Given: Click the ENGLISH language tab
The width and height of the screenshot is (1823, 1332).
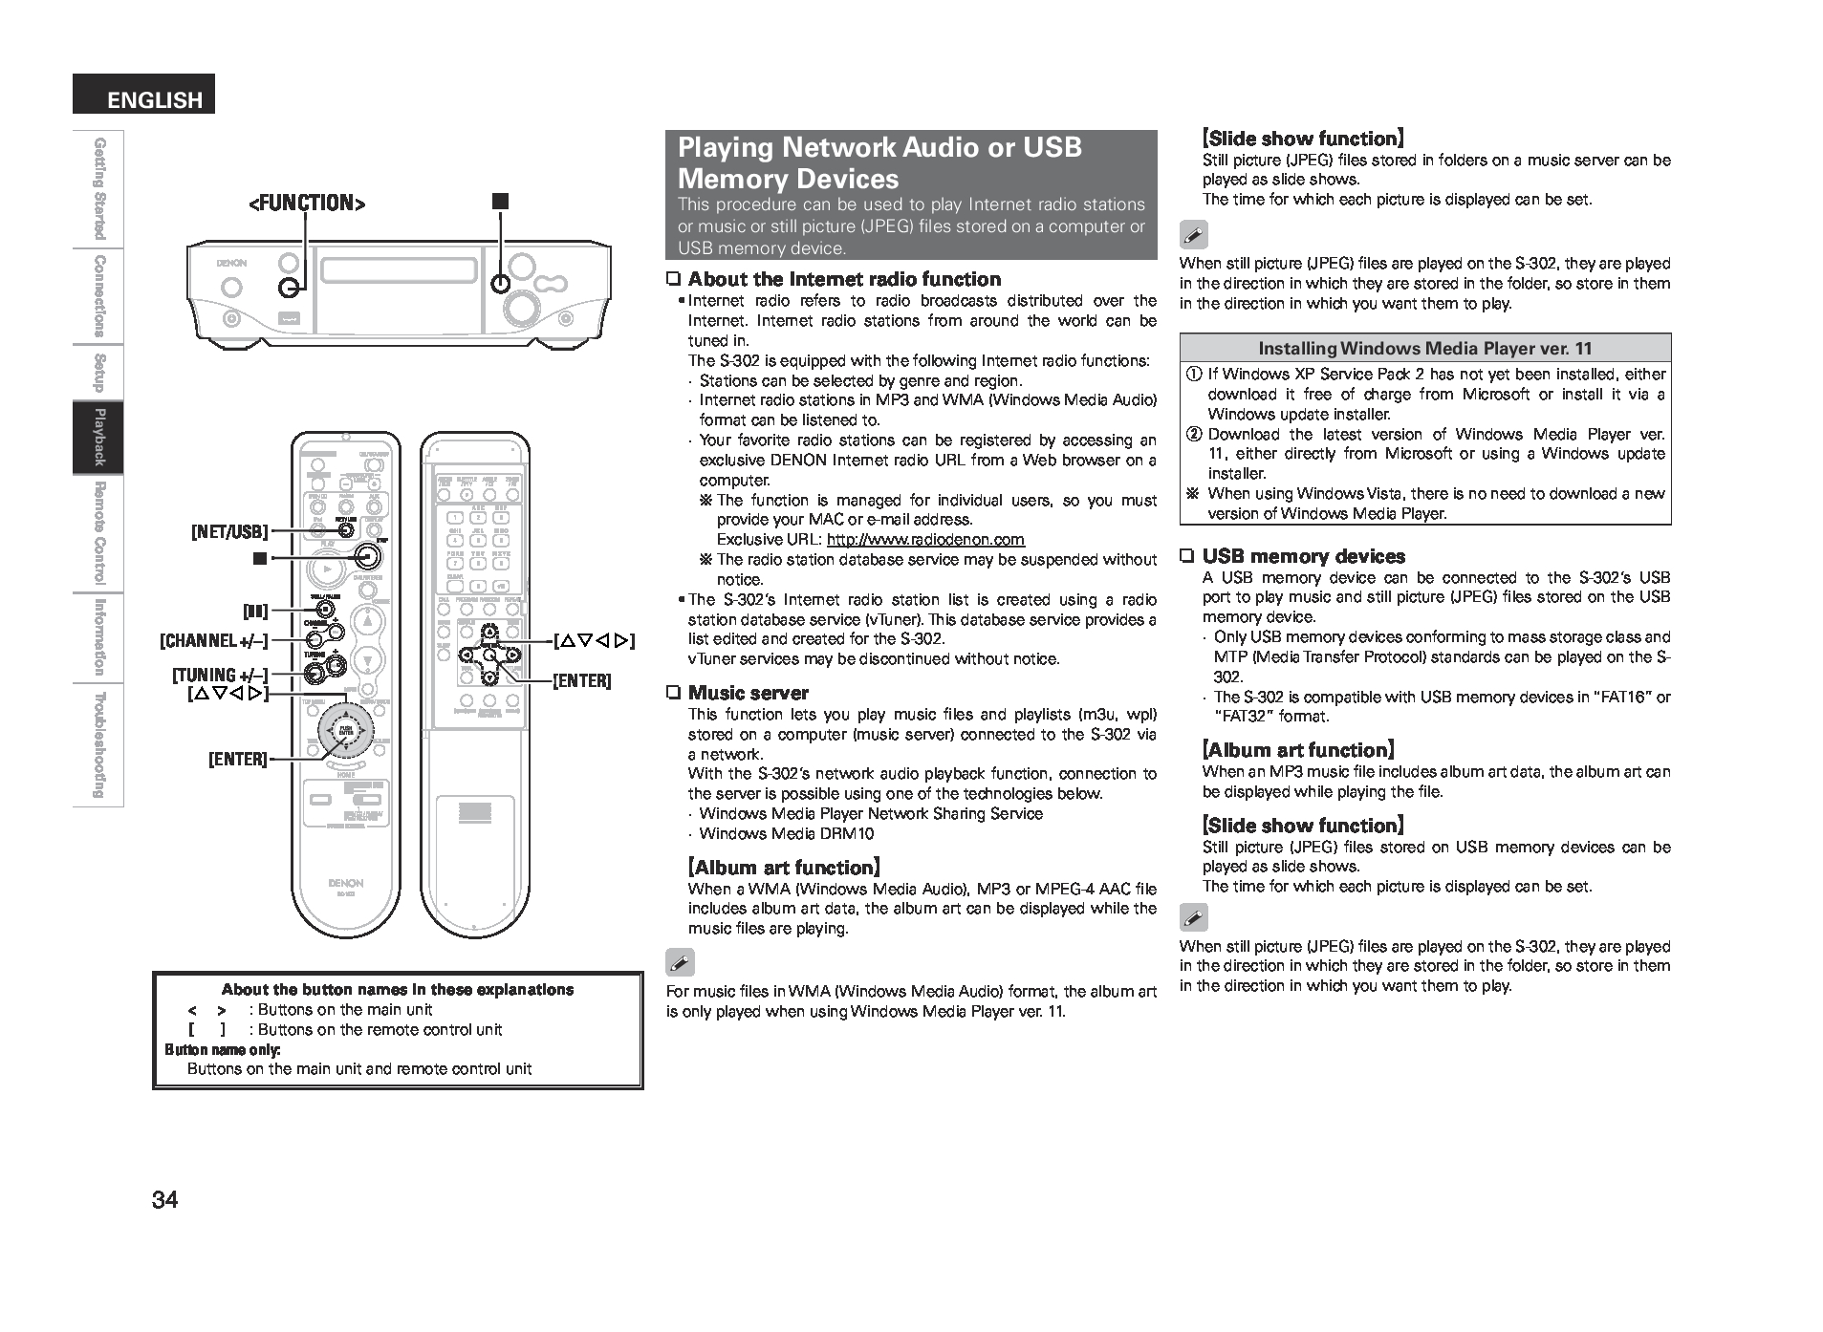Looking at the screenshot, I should pyautogui.click(x=144, y=97).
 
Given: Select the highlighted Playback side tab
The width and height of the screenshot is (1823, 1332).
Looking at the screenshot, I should pyautogui.click(x=98, y=437).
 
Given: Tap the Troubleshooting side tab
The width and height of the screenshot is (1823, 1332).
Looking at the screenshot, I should pyautogui.click(x=98, y=745).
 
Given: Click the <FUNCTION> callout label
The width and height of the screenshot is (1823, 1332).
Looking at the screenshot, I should pyautogui.click(x=307, y=203).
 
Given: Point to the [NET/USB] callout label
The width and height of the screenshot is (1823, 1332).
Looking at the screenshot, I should pyautogui.click(x=229, y=532).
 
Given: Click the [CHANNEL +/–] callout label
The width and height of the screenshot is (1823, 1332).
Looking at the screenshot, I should pyautogui.click(x=214, y=640).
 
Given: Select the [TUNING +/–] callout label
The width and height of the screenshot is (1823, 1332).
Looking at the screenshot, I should pyautogui.click(x=220, y=676).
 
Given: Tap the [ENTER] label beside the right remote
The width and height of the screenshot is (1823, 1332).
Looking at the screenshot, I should pyautogui.click(x=581, y=681).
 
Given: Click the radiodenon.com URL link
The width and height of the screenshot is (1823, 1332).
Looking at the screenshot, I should pyautogui.click(x=925, y=540).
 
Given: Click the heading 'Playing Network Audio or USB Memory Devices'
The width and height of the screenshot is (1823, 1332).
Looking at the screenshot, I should pyautogui.click(x=879, y=162).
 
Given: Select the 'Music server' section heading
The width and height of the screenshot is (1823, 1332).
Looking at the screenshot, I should pyautogui.click(x=748, y=693).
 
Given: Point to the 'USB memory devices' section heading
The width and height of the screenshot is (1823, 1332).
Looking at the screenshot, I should pyautogui.click(x=1303, y=556).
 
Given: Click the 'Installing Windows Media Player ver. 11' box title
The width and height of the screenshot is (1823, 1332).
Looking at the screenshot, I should pyautogui.click(x=1424, y=348).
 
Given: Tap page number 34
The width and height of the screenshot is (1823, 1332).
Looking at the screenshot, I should pyautogui.click(x=164, y=1200).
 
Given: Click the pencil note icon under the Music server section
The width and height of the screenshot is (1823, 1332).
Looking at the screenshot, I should pyautogui.click(x=680, y=962).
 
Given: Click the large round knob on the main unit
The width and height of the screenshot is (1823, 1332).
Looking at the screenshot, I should pyautogui.click(x=523, y=306).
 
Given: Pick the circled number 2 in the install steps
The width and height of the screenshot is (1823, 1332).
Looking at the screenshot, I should pyautogui.click(x=1194, y=434).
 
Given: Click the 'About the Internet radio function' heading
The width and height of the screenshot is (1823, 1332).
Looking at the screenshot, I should pyautogui.click(x=844, y=279).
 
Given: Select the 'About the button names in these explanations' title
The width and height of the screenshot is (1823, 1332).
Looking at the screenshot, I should pyautogui.click(x=397, y=990).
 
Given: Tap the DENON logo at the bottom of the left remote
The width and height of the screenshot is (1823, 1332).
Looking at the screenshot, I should pyautogui.click(x=345, y=883).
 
